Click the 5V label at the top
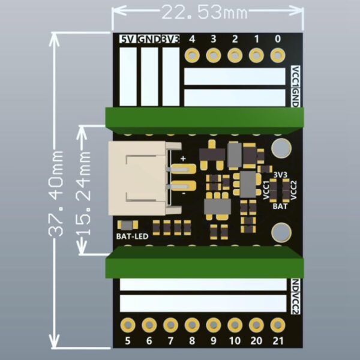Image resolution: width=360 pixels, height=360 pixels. [128, 39]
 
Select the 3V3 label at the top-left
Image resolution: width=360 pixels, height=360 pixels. [171, 39]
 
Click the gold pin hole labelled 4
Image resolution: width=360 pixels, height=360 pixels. [192, 56]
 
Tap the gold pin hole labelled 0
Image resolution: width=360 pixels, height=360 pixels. [277, 56]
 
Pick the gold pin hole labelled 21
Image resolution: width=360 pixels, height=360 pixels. [277, 325]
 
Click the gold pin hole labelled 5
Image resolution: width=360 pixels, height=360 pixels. [127, 325]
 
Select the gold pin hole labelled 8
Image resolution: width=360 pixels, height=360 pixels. [191, 325]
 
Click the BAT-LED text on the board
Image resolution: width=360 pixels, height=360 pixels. [131, 236]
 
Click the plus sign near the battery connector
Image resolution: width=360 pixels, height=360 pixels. [182, 159]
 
